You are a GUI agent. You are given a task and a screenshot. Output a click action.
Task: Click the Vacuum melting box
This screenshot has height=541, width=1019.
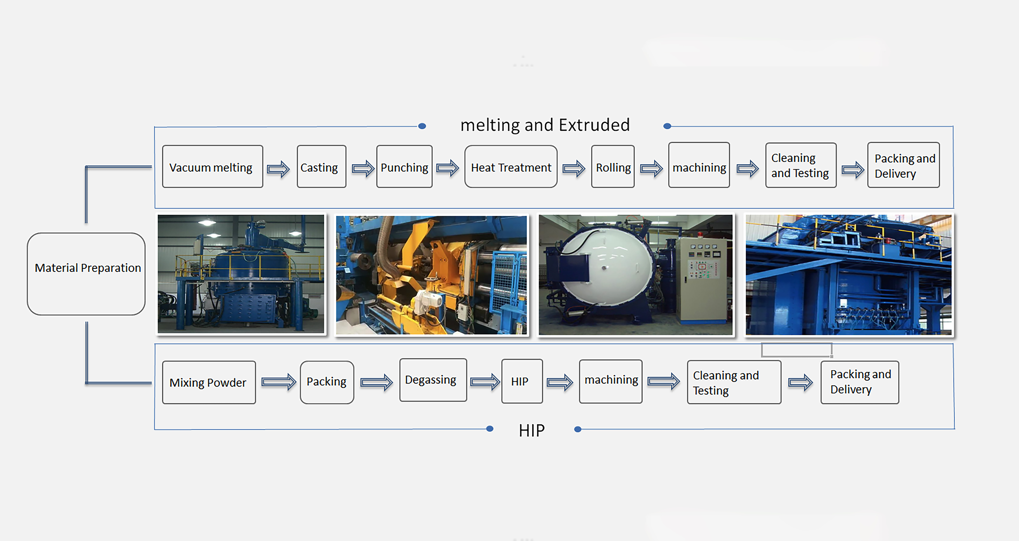[212, 167]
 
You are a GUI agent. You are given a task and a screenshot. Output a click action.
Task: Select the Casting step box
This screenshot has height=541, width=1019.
[321, 167]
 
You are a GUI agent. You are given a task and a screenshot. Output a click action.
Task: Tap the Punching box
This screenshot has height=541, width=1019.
[404, 167]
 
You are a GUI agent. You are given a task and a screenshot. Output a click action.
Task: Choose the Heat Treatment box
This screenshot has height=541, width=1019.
[511, 167]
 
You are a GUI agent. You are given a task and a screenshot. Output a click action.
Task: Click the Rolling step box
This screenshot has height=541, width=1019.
[613, 167]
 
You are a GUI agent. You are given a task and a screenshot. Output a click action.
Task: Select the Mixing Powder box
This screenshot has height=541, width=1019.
[208, 382]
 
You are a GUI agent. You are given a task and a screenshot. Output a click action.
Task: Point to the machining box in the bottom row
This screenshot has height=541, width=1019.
[610, 381]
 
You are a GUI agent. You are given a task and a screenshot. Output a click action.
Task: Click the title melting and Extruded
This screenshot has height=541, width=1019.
[545, 125]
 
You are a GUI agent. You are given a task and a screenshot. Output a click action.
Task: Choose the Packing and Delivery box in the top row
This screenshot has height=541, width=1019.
[903, 166]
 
